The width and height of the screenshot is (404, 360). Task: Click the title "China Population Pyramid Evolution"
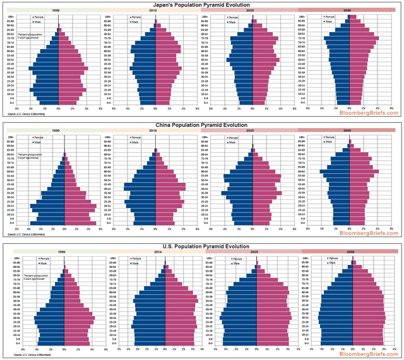tap(202, 125)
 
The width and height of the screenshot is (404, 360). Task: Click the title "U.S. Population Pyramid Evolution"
tap(202, 247)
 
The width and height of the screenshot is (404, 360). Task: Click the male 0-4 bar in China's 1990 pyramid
tap(50, 223)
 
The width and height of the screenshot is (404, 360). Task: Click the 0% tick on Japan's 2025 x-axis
tap(253, 108)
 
